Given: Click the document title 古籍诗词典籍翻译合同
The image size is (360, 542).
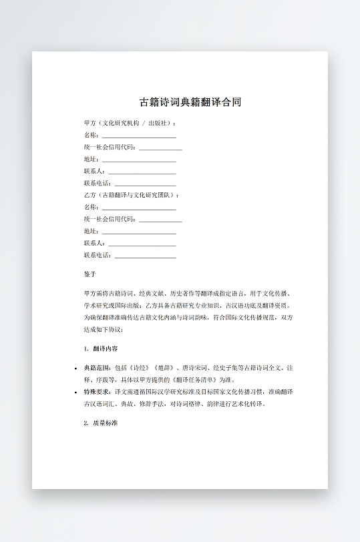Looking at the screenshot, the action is [190, 102].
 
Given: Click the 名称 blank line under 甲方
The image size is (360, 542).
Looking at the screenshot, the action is [139, 135].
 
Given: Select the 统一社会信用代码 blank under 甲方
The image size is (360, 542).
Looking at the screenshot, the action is [160, 148].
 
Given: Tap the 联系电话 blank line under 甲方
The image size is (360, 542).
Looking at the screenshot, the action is [145, 184].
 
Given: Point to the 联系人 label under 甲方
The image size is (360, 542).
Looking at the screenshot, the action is [93, 172].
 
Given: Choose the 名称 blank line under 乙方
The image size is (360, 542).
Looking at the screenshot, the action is [139, 208].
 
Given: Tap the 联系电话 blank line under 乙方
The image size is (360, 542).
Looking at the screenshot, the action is [145, 256].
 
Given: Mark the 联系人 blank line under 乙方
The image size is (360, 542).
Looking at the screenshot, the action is [142, 244].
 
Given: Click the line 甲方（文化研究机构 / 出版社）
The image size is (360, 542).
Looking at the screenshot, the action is [130, 123].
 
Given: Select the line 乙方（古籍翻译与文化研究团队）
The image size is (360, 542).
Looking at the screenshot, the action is [132, 196].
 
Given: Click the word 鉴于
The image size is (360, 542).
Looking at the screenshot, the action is [90, 274].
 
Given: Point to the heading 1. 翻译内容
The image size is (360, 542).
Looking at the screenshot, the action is [102, 348].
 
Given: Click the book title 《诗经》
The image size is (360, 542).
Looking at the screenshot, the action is [138, 367].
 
